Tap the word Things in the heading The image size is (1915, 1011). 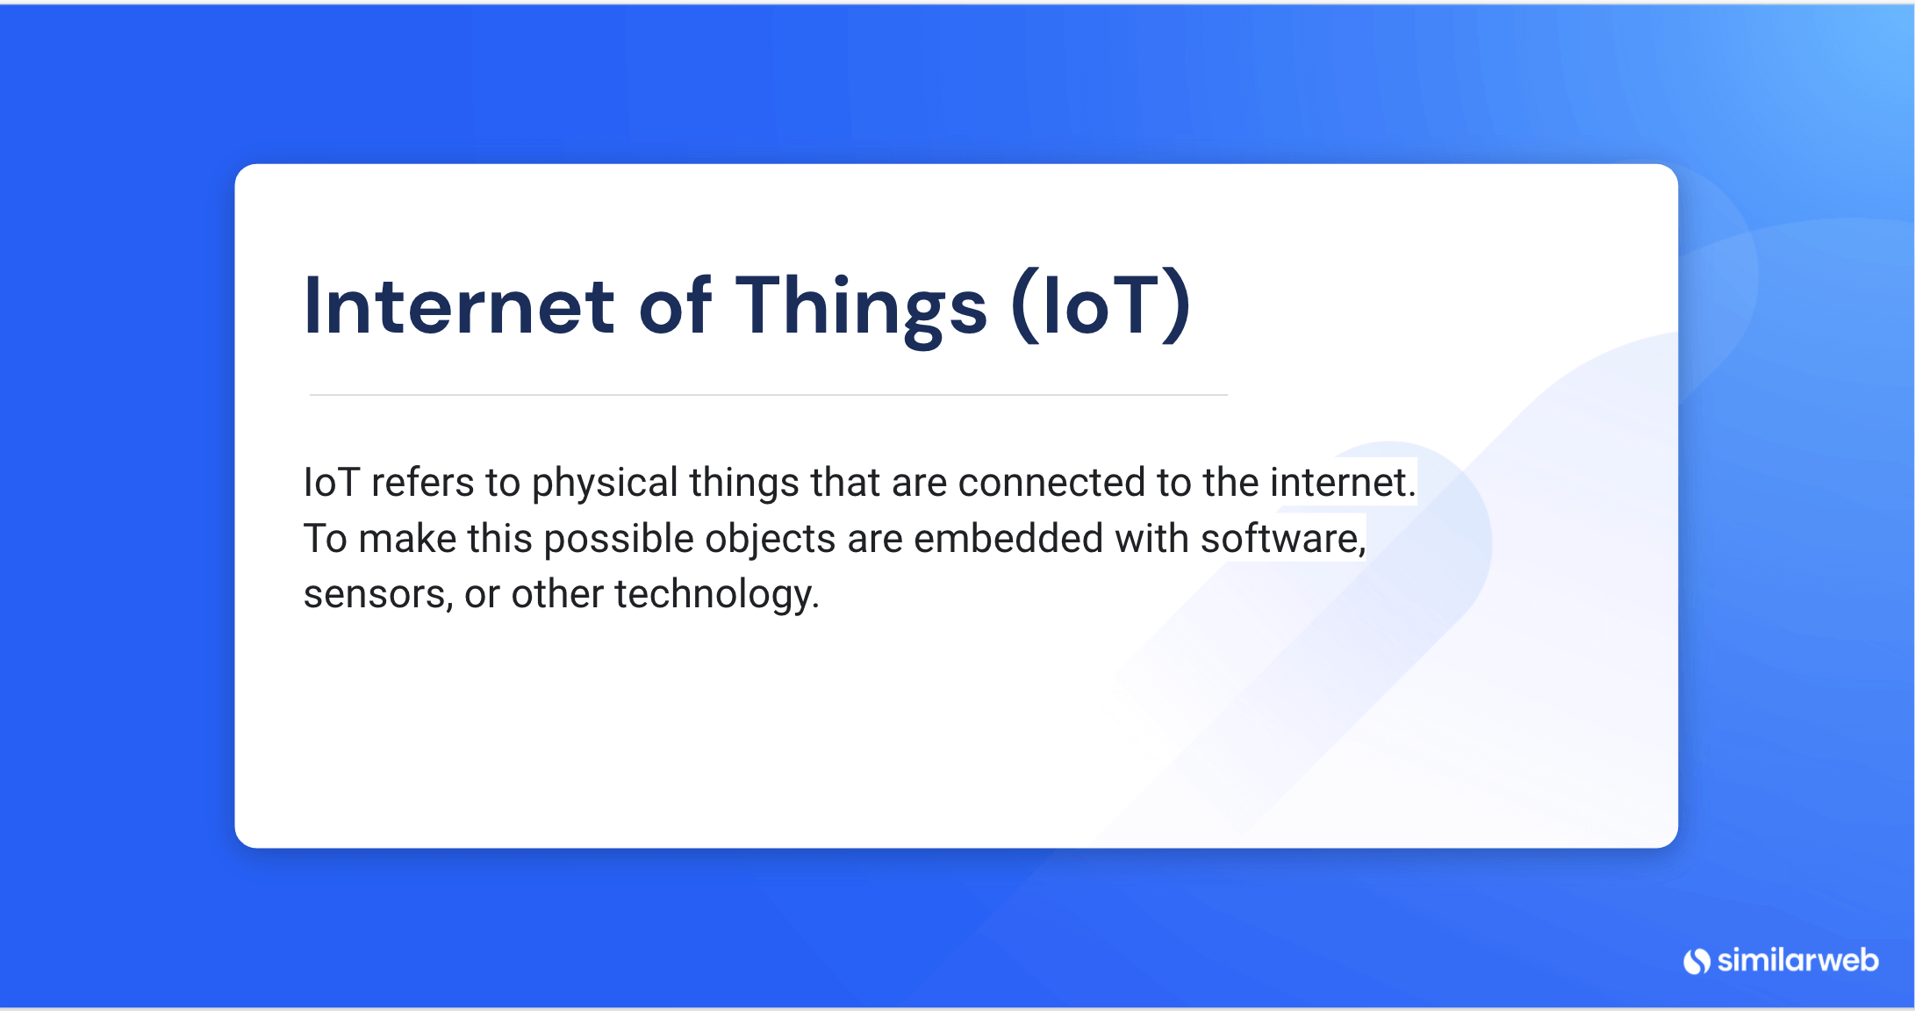(861, 307)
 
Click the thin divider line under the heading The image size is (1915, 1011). (768, 395)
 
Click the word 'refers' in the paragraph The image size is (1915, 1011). (422, 483)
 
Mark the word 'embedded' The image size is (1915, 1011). (1008, 539)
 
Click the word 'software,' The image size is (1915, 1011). (1283, 539)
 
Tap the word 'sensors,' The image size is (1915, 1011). (378, 595)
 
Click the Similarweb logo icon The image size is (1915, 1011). (1696, 961)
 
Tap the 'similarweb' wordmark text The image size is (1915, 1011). (1797, 960)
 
